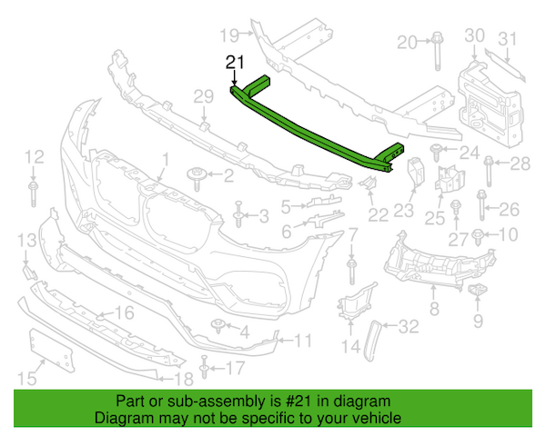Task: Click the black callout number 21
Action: coord(235,63)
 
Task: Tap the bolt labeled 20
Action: coord(438,51)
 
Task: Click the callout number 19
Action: coord(229,35)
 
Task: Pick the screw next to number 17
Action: coord(204,367)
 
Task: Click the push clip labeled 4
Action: coord(218,325)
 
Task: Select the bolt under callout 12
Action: coord(33,193)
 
